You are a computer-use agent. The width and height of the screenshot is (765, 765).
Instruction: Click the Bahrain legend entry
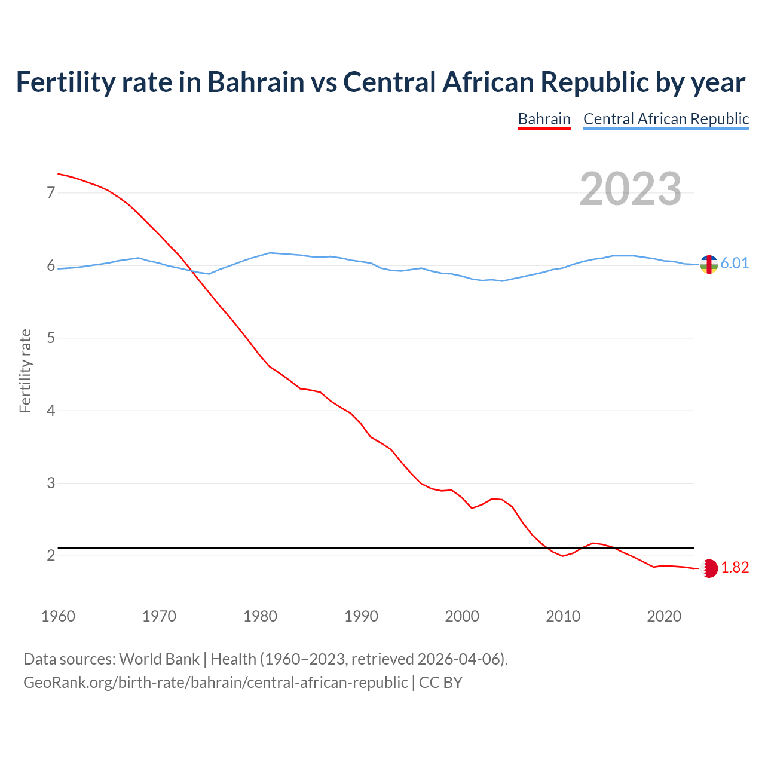click(x=544, y=119)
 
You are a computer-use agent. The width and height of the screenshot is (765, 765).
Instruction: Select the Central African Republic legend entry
click(x=666, y=119)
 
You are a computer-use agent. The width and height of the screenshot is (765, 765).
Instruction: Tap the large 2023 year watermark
click(x=631, y=189)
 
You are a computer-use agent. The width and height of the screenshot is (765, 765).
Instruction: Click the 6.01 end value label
click(x=735, y=264)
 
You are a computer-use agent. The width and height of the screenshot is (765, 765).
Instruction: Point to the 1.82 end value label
click(x=735, y=568)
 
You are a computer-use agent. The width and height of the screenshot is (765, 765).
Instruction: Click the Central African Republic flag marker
click(x=709, y=264)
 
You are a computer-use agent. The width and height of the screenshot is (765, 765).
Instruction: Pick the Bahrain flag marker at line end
click(x=709, y=568)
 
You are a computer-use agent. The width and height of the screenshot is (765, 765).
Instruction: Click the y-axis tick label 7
click(x=51, y=192)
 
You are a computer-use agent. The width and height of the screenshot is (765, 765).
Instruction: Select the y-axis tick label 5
click(x=51, y=338)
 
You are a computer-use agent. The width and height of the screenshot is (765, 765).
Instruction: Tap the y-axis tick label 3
click(x=51, y=483)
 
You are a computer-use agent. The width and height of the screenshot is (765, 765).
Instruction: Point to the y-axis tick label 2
click(x=51, y=556)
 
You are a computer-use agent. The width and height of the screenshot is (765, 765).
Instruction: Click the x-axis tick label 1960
click(x=58, y=616)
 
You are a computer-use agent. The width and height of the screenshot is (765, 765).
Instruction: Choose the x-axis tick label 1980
click(x=260, y=616)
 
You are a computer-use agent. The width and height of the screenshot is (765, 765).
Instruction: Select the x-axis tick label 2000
click(x=462, y=616)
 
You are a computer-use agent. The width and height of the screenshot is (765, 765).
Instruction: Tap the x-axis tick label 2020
click(x=664, y=616)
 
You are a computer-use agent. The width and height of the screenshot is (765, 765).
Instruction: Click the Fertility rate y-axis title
click(x=25, y=371)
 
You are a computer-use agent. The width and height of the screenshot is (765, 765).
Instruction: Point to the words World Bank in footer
click(x=159, y=659)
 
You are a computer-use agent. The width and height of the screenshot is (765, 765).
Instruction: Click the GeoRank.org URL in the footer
click(x=215, y=683)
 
